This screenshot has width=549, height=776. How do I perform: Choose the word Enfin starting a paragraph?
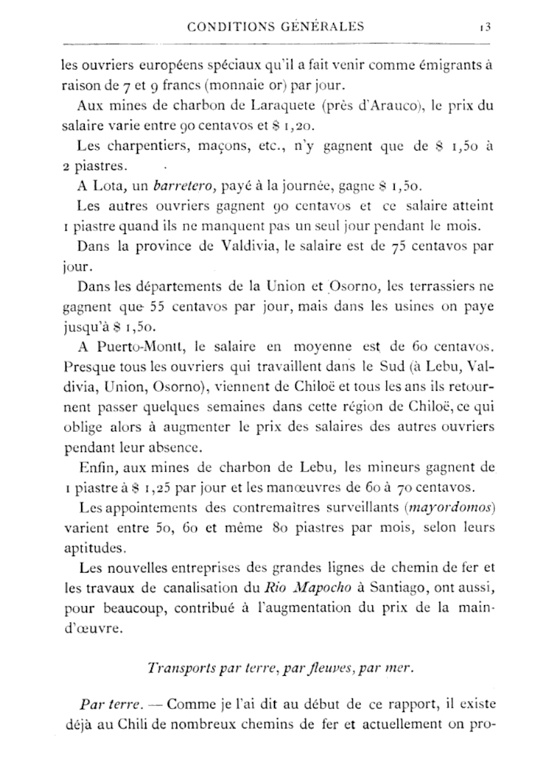tap(96, 468)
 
